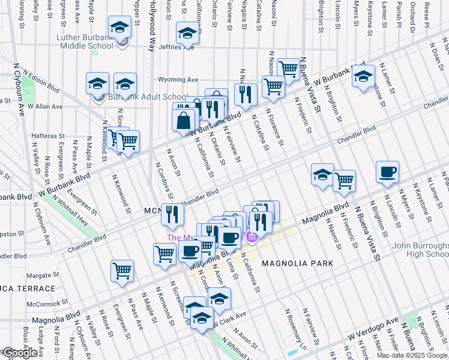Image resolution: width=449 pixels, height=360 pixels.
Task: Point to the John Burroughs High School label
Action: pos(420,250)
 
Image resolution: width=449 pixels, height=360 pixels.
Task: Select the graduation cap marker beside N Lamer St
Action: pos(363,76)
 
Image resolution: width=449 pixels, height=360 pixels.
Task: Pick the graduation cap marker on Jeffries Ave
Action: pos(188,34)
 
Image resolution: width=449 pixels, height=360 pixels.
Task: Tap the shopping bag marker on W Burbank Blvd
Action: pos(184,120)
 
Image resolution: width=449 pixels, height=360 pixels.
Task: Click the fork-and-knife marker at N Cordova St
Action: pos(172,214)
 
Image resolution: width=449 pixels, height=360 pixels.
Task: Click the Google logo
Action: pos(19,353)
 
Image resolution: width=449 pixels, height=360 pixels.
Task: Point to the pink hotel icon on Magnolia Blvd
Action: pos(252,238)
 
